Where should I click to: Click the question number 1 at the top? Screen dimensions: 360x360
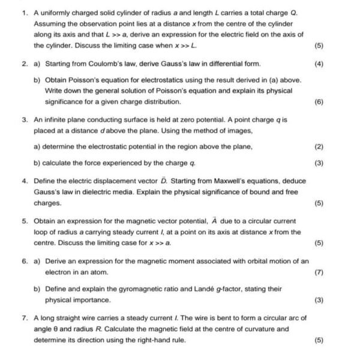point(24,13)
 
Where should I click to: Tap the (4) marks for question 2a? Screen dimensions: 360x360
point(319,63)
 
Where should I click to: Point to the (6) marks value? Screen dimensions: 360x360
point(319,102)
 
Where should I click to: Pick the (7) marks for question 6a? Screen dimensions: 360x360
point(319,272)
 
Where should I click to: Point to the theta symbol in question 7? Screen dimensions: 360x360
point(57,329)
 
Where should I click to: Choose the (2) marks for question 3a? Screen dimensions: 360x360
point(319,146)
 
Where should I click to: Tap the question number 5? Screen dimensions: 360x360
point(24,220)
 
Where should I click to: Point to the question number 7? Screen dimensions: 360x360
point(24,317)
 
